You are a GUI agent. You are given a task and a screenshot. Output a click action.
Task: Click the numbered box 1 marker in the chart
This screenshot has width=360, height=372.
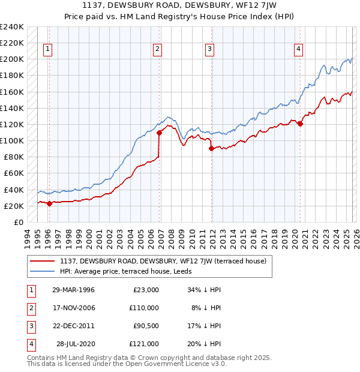(47, 50)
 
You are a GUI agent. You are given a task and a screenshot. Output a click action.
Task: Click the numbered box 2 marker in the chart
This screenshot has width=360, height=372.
(157, 50)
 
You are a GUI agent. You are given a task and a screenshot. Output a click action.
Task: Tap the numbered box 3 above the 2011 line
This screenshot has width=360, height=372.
(210, 50)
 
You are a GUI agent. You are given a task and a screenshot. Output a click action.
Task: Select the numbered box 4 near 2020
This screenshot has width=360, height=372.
(298, 50)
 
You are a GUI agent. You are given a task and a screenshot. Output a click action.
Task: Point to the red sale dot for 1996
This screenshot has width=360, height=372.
(49, 203)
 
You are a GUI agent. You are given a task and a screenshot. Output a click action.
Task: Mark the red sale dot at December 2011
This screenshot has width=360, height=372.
(211, 148)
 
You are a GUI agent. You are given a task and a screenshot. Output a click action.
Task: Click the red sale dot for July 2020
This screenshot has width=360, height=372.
(301, 124)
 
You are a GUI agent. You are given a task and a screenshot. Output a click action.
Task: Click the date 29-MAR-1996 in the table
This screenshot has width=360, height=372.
(73, 290)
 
